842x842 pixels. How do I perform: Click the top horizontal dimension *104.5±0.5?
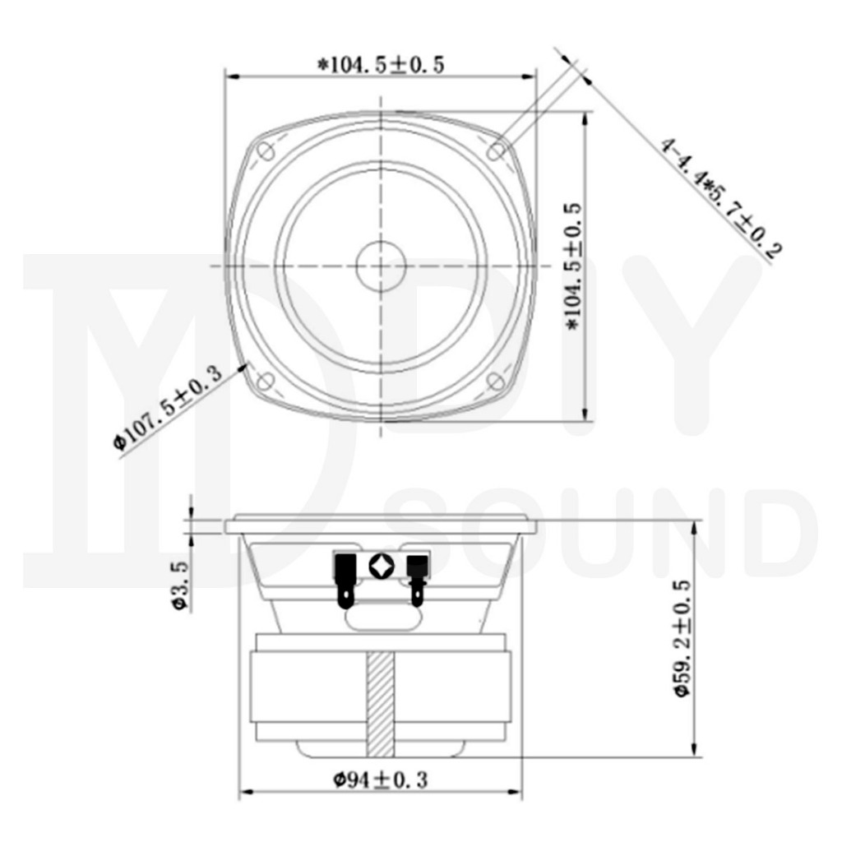pyautogui.click(x=381, y=65)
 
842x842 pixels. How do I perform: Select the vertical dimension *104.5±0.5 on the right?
pyautogui.click(x=572, y=266)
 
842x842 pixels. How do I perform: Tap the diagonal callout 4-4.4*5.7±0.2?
pyautogui.click(x=719, y=198)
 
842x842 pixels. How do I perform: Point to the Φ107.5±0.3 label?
pyautogui.click(x=168, y=406)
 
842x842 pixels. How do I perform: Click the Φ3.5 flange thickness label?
pyautogui.click(x=181, y=585)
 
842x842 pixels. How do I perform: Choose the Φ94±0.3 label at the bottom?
pyautogui.click(x=381, y=780)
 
